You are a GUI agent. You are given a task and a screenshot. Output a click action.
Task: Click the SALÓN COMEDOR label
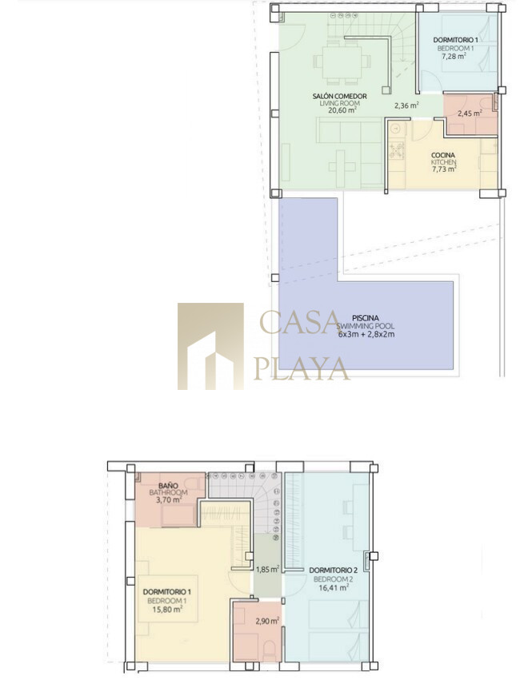339,96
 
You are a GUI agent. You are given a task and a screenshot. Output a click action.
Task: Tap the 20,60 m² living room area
342,110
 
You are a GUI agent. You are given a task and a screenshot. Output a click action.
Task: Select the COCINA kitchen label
443,155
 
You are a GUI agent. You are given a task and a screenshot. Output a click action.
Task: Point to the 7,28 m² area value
454,56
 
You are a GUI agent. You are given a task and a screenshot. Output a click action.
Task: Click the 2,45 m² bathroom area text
470,113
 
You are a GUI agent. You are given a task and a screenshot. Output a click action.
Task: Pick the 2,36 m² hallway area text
406,105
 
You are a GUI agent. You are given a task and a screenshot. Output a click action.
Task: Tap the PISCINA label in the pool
366,318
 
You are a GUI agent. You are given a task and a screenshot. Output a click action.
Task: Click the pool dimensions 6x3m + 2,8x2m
366,334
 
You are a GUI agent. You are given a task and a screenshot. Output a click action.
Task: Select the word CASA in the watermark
299,322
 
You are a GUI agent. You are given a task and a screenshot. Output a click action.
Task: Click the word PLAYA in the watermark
302,369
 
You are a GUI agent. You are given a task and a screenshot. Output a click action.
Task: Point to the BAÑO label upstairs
168,486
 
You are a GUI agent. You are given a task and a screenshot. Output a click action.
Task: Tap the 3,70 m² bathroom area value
169,500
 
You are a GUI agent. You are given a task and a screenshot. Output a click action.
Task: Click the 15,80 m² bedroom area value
167,609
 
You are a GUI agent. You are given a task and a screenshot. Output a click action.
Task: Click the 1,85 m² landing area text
267,569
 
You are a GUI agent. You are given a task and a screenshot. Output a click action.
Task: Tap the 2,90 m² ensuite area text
267,621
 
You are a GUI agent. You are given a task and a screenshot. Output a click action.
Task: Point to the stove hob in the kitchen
397,149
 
